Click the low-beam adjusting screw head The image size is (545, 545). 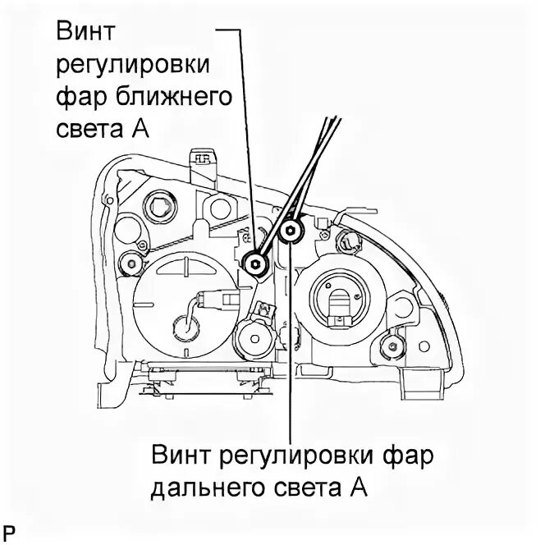255,263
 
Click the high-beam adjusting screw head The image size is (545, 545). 290,233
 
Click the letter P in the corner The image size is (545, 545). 9,530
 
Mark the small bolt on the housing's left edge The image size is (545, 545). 126,263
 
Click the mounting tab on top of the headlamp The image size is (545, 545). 201,159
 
